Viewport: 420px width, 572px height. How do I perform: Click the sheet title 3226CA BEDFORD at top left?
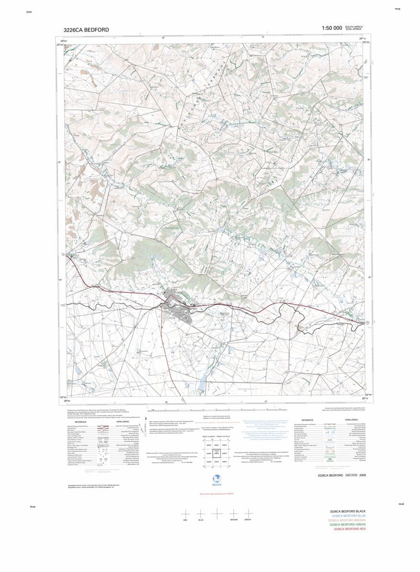tap(86, 30)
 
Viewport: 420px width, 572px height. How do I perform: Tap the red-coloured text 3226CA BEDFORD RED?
tap(350, 529)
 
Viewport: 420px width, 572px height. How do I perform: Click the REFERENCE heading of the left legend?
tap(90, 422)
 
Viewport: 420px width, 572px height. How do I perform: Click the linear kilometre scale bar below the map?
tap(216, 411)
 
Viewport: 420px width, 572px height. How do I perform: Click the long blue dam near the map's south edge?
tap(203, 382)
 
